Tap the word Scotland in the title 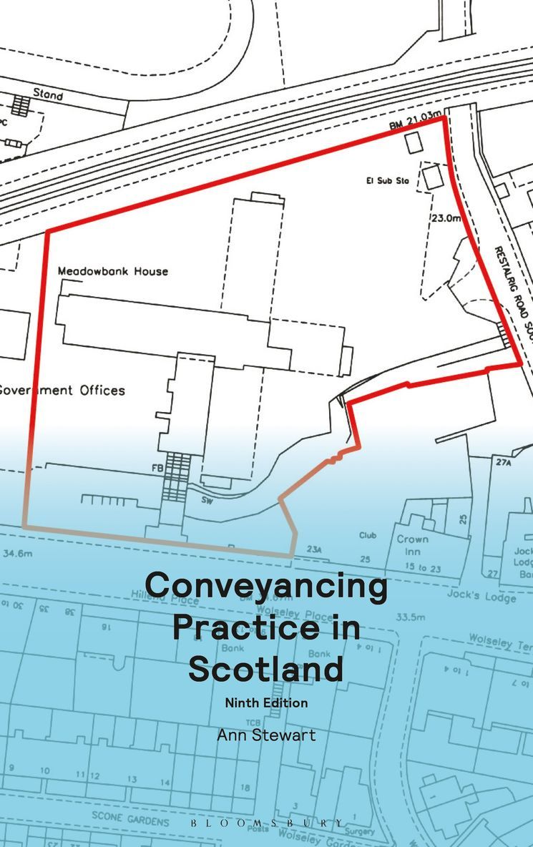(x=266, y=669)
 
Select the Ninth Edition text (x=266, y=702)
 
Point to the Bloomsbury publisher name (x=266, y=823)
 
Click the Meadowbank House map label (x=112, y=271)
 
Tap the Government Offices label (x=62, y=391)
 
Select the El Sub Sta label (x=384, y=181)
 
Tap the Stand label (x=48, y=94)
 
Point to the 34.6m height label (x=19, y=553)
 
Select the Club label (x=368, y=535)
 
